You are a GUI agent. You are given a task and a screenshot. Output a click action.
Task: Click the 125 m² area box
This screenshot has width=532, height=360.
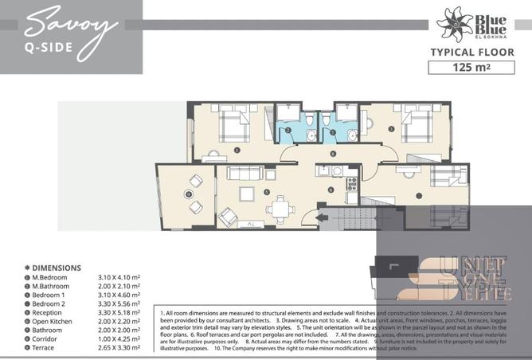point(468,68)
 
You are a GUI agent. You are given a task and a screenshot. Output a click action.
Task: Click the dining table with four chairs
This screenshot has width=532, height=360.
point(278,209)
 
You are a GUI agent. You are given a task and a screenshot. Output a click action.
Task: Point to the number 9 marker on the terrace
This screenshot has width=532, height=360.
point(189,194)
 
